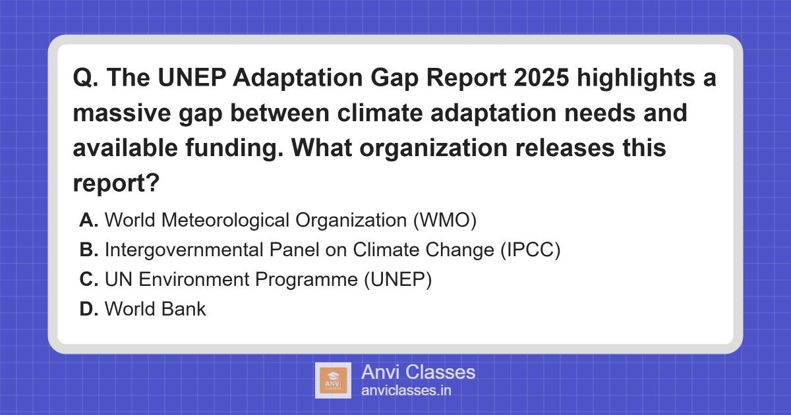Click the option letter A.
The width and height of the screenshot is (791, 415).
(88, 221)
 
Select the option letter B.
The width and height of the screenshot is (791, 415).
(88, 250)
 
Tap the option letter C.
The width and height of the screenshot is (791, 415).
(88, 280)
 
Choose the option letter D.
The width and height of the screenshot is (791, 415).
(88, 309)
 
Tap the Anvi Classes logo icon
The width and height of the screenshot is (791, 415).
(333, 380)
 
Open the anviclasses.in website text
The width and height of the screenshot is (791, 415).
(406, 391)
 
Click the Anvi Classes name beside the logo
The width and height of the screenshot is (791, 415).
(418, 372)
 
